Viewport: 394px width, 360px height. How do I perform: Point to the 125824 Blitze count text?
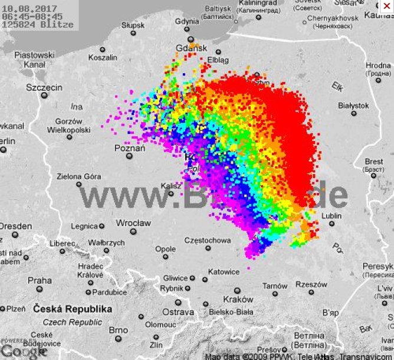pyautogui.click(x=38, y=24)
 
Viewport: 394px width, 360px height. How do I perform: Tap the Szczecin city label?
pyautogui.click(x=44, y=87)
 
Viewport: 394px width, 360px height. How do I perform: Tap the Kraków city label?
pyautogui.click(x=238, y=299)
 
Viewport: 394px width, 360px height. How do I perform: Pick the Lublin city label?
pyautogui.click(x=331, y=216)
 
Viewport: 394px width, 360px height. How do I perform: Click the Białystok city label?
pyautogui.click(x=353, y=105)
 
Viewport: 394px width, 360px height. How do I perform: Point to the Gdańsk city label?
pyautogui.click(x=192, y=48)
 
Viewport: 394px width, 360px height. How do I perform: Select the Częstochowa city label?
pyautogui.click(x=207, y=240)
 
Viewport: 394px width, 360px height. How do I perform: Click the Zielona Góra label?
pyautogui.click(x=78, y=176)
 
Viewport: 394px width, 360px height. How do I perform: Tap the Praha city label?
pyautogui.click(x=40, y=280)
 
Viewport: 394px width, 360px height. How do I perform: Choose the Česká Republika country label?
pyautogui.click(x=73, y=309)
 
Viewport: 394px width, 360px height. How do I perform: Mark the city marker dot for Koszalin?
pyautogui.click(x=103, y=50)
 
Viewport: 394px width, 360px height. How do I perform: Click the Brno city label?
pyautogui.click(x=118, y=330)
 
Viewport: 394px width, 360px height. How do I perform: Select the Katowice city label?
pyautogui.click(x=225, y=271)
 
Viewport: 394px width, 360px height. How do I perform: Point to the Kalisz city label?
pyautogui.click(x=170, y=185)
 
